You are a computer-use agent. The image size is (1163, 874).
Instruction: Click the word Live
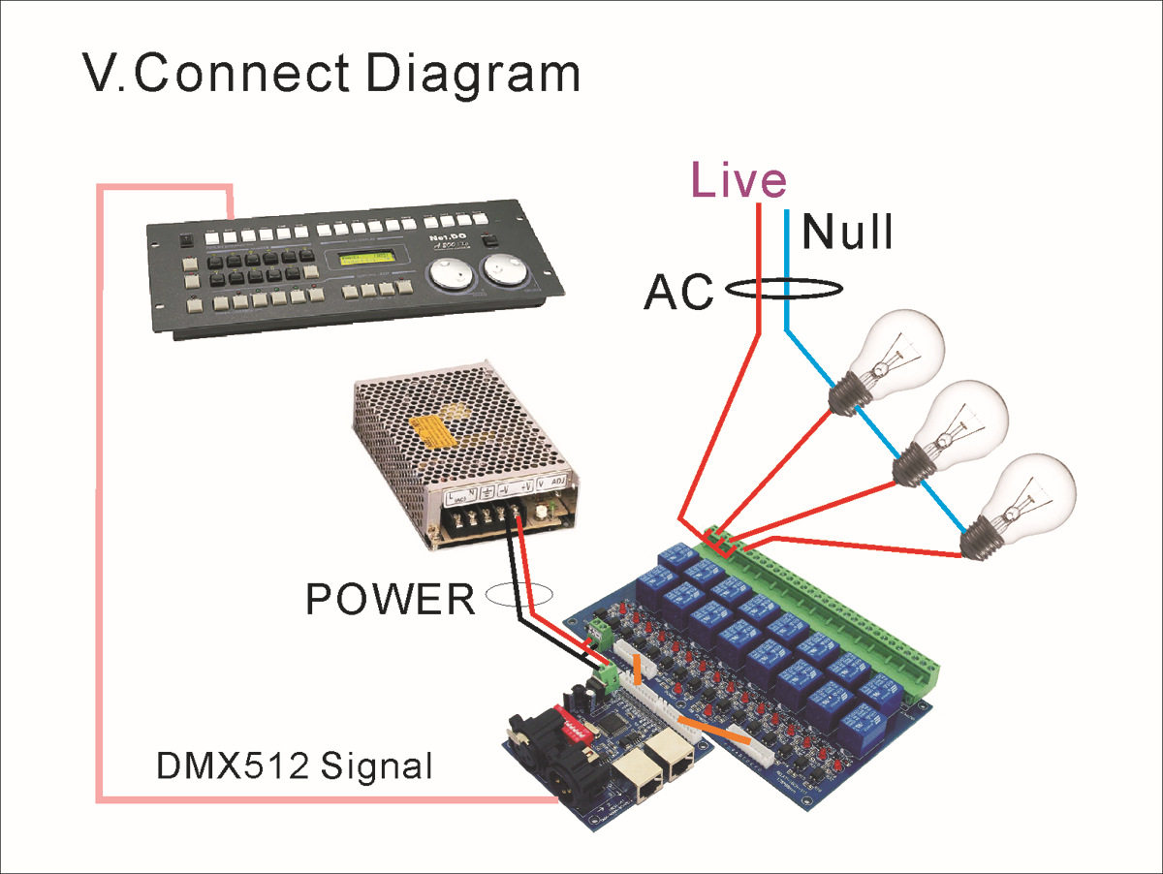(738, 181)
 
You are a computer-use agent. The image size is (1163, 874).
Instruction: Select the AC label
(678, 292)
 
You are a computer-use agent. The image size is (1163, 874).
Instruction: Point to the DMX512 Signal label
(294, 767)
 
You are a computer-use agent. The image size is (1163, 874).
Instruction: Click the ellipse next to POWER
(519, 595)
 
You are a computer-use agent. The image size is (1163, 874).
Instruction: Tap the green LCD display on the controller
(369, 262)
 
